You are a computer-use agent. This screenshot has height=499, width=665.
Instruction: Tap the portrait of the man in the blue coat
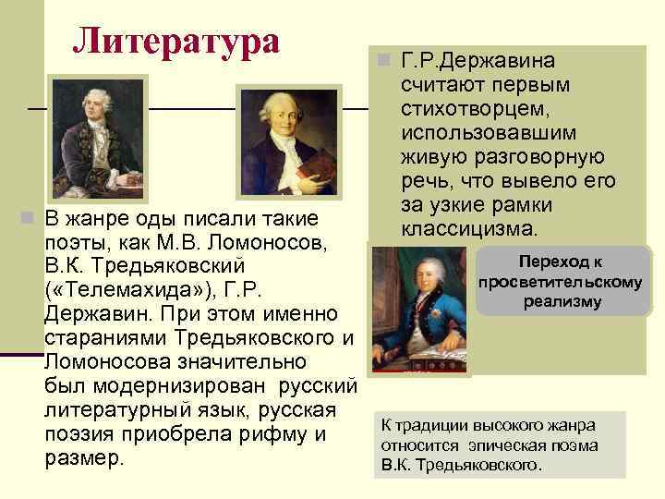pos(420,310)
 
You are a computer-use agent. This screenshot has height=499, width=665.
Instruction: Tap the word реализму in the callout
pos(562,302)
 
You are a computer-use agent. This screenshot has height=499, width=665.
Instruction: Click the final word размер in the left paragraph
pos(83,458)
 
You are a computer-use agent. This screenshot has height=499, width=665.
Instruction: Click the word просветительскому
pos(561,282)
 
